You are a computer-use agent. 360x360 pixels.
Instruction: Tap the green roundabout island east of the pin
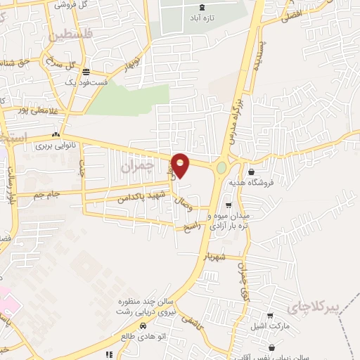click(221, 168)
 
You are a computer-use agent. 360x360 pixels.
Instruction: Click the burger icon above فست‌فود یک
click(86, 72)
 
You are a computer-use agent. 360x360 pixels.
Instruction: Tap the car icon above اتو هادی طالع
click(143, 326)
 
